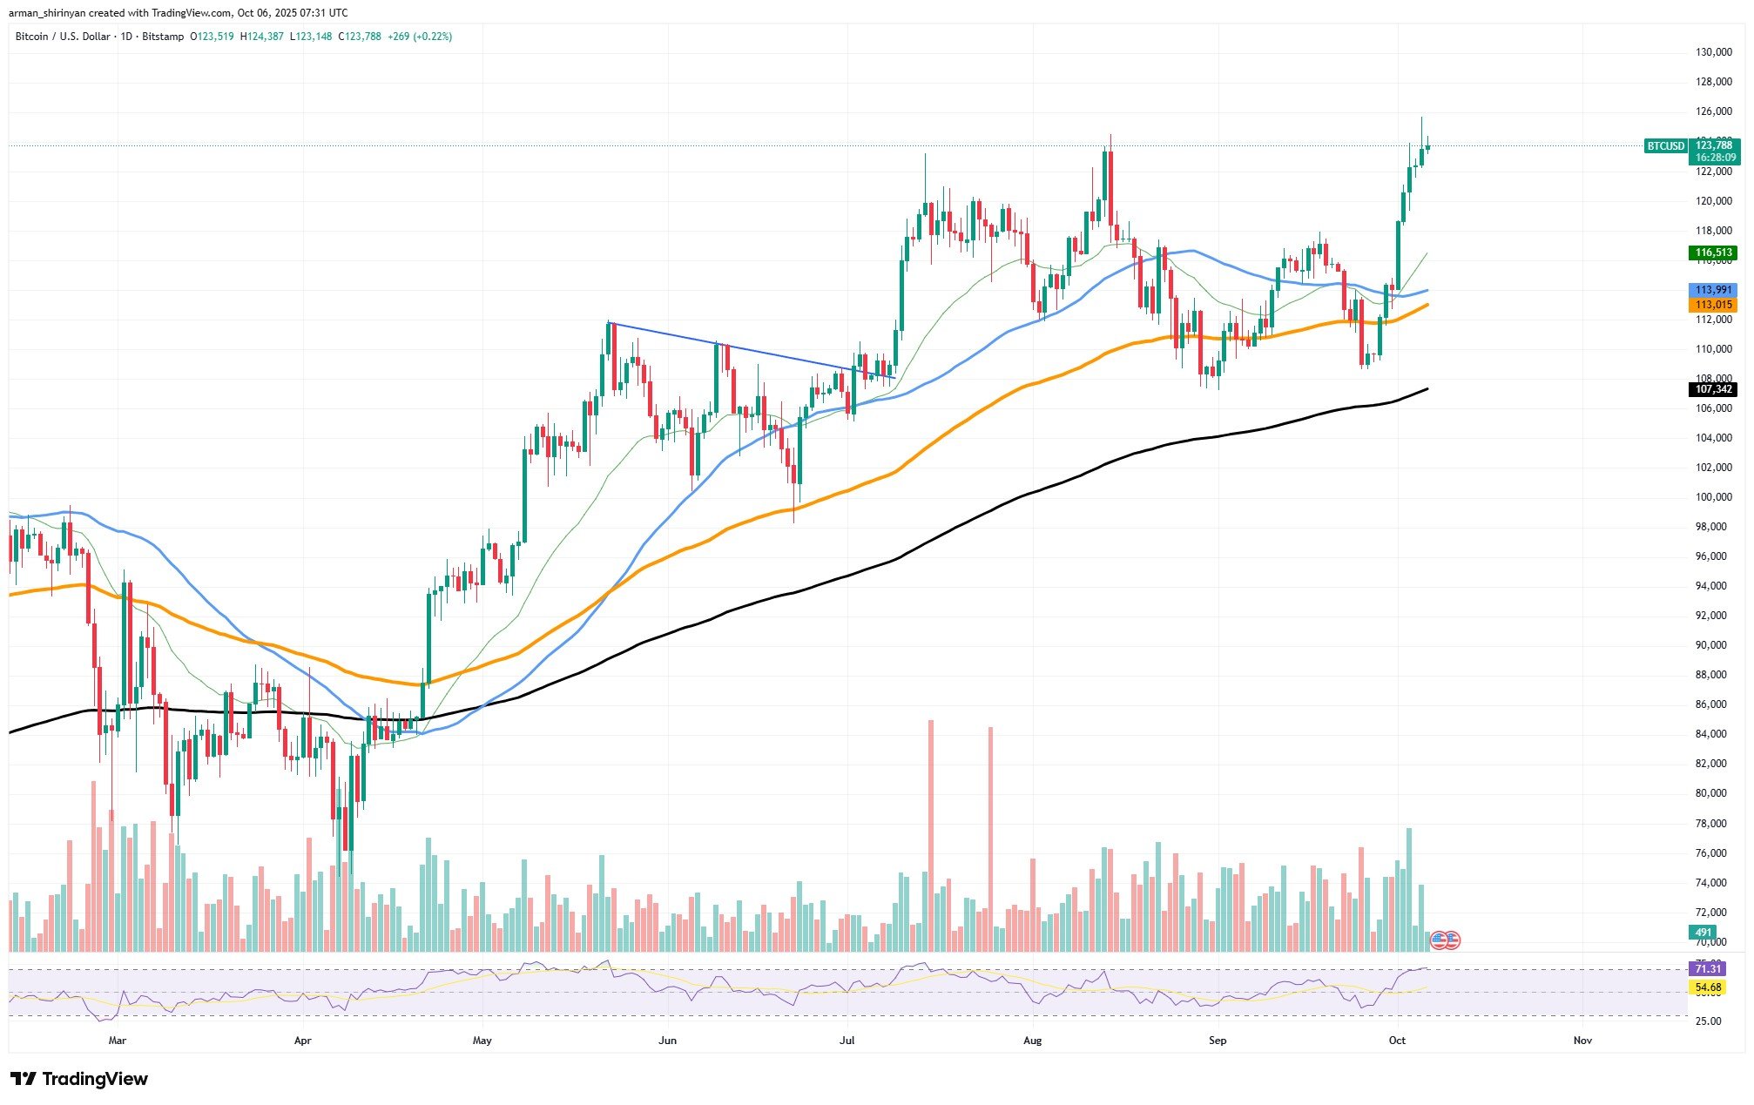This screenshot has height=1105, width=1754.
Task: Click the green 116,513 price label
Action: click(1712, 253)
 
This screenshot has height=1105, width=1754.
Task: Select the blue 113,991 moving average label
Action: click(1712, 290)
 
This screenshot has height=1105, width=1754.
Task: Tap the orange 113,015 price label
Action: click(1712, 305)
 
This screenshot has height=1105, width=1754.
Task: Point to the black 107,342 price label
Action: click(1712, 389)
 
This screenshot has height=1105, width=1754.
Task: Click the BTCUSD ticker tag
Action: click(1665, 146)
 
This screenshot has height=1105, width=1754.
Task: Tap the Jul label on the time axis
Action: click(847, 1041)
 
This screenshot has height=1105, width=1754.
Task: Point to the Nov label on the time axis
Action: click(1582, 1041)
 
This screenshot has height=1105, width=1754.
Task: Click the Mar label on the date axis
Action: click(118, 1041)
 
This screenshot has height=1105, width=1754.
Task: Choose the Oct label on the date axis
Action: click(1397, 1041)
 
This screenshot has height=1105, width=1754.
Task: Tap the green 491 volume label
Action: click(1702, 932)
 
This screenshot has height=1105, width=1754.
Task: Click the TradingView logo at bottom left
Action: click(79, 1079)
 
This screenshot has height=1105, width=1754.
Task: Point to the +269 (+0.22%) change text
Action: click(420, 37)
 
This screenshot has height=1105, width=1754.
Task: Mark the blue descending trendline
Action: click(749, 349)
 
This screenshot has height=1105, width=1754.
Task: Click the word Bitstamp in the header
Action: click(164, 37)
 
